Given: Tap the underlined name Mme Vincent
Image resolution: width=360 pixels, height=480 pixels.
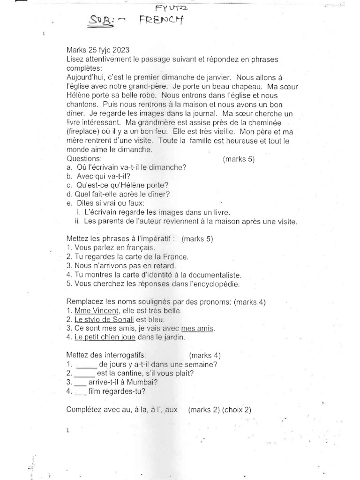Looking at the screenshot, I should pos(91,311).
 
